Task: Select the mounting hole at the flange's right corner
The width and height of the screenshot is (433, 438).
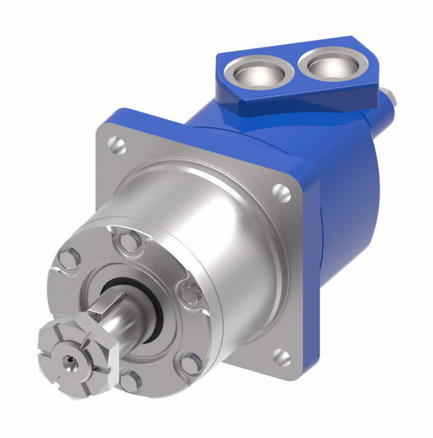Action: tap(281, 193)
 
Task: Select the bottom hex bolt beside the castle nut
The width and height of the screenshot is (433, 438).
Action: tap(131, 381)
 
